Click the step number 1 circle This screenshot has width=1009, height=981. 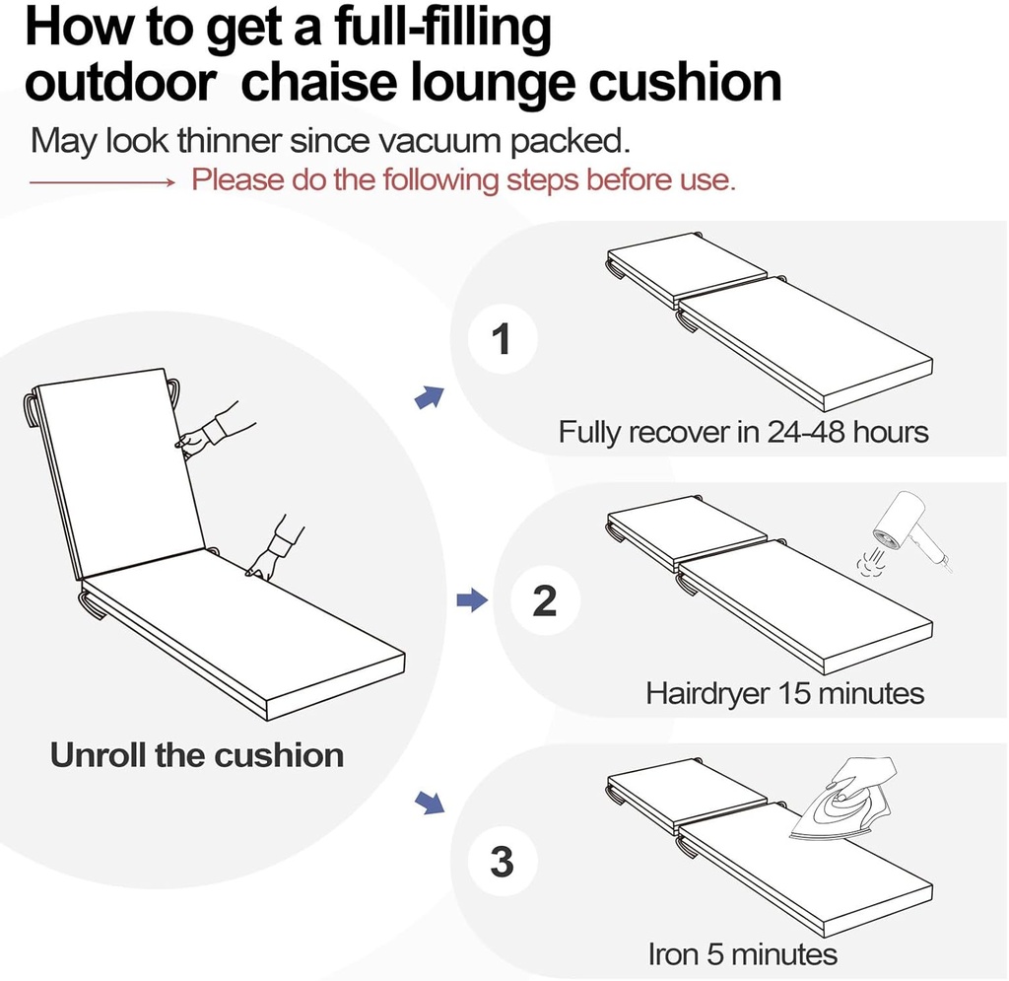point(502,339)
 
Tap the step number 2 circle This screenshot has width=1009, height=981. point(544,600)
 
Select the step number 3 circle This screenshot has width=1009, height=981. point(502,863)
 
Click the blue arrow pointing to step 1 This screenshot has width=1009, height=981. point(429,397)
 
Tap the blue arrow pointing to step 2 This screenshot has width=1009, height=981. point(473,599)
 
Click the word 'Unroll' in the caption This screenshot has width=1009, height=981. point(99,756)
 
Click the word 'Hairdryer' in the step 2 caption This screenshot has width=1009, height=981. point(707,693)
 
